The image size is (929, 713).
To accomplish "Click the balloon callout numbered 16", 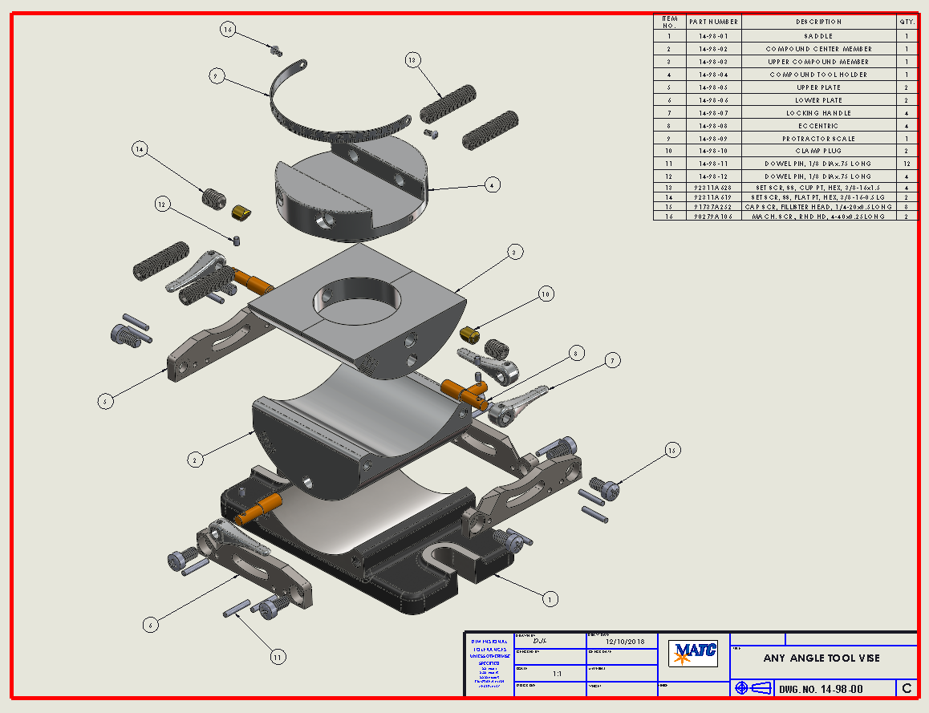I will (x=228, y=30).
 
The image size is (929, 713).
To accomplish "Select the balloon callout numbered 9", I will (x=215, y=76).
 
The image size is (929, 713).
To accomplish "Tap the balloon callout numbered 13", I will (x=412, y=60).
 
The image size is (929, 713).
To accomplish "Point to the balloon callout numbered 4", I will (x=494, y=184).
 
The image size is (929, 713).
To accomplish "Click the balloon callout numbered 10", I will (x=546, y=294).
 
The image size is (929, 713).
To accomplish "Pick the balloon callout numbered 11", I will (x=277, y=657).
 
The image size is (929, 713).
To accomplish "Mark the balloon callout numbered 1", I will (x=550, y=598).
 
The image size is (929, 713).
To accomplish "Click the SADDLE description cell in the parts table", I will (x=818, y=36).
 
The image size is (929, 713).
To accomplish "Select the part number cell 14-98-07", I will (x=713, y=113).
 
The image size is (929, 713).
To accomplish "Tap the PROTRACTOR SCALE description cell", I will (x=818, y=139).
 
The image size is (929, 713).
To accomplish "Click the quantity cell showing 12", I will (x=907, y=164).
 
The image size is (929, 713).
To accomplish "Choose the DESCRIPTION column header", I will (x=818, y=22).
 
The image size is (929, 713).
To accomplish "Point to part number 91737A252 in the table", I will (x=713, y=206).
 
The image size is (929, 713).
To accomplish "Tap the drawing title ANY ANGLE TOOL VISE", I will (x=821, y=658).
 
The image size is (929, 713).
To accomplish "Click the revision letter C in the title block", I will (x=907, y=688).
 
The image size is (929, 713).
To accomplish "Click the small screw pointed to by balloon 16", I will (x=276, y=50).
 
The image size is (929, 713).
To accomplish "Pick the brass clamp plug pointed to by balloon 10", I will (x=470, y=332).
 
